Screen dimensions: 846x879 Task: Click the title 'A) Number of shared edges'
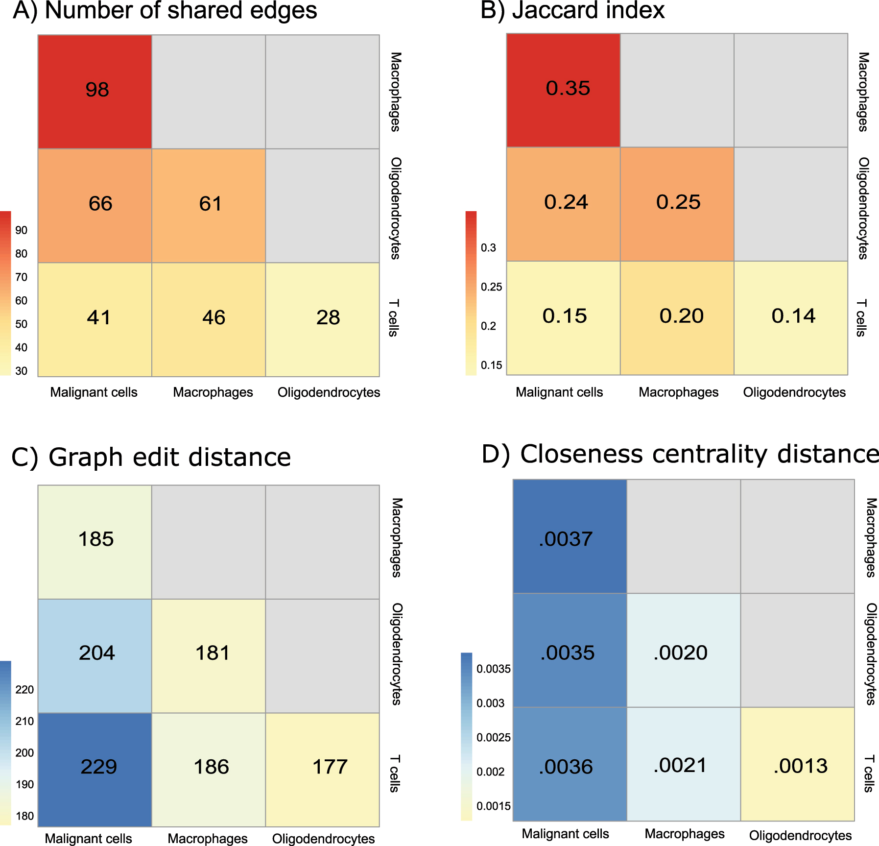[165, 11]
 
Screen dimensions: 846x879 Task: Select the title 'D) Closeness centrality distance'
[680, 454]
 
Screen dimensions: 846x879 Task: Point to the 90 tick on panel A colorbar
[21, 230]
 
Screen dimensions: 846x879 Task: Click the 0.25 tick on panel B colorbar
[491, 287]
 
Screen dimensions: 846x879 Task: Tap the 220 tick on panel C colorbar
[24, 690]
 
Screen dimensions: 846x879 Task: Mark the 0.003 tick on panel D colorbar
[490, 703]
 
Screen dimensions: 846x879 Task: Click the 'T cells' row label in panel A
[394, 318]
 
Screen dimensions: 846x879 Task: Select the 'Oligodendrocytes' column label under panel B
[794, 392]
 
